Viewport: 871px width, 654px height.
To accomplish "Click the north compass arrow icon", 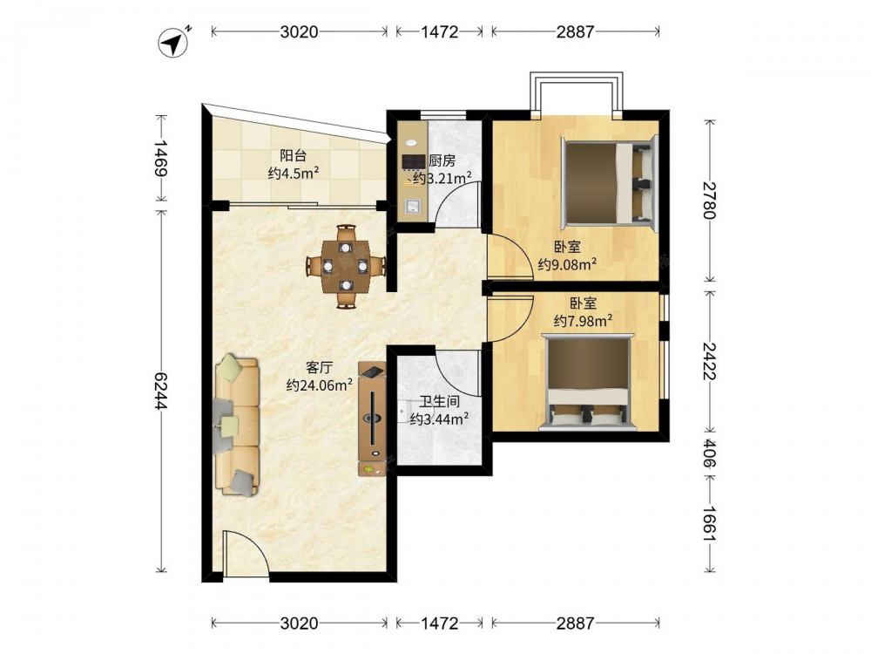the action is (x=175, y=41).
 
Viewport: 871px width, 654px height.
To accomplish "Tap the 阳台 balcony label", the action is (x=293, y=156).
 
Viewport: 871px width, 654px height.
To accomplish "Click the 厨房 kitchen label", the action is (x=442, y=160).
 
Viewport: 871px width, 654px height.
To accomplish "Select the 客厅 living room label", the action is (x=320, y=367).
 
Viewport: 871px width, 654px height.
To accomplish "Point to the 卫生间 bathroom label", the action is (x=439, y=401).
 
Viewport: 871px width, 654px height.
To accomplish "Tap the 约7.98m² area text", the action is (x=584, y=320).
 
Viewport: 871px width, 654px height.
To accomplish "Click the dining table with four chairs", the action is (x=346, y=266).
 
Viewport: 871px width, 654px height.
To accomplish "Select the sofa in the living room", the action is (x=237, y=425).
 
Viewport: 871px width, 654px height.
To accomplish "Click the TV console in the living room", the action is (x=372, y=419).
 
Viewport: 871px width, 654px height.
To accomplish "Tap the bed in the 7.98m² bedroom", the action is (x=589, y=383).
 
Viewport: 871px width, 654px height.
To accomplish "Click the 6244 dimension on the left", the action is (x=161, y=391).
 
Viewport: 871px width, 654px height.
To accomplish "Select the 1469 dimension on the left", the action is (x=161, y=158).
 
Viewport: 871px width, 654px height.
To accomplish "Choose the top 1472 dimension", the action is (x=439, y=31).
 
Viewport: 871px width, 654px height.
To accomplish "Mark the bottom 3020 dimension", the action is (x=300, y=623).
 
